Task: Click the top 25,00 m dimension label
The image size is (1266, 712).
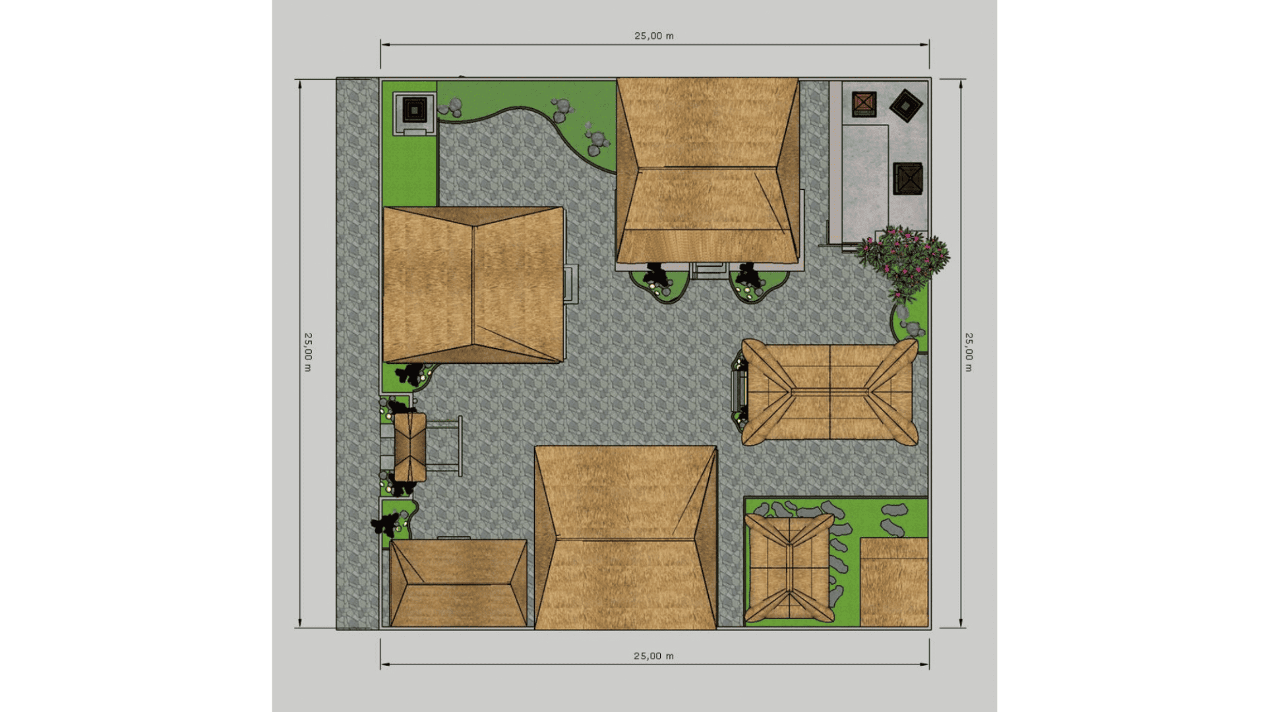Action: (x=654, y=36)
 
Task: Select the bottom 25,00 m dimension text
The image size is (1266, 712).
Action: (x=653, y=656)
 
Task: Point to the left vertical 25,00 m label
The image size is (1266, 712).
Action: (x=308, y=352)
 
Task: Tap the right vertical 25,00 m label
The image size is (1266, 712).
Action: (x=969, y=352)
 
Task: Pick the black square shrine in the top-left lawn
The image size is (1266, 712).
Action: (x=415, y=109)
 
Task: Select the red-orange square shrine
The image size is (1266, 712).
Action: (x=864, y=104)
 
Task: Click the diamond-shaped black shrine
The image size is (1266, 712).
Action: (x=906, y=105)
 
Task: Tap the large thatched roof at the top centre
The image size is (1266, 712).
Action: (x=708, y=170)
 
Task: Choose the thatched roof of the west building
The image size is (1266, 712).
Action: (x=473, y=285)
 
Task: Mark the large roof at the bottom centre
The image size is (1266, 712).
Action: (x=626, y=537)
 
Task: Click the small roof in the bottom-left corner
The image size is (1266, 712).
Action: (x=458, y=583)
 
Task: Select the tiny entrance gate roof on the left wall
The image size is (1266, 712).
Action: (x=410, y=447)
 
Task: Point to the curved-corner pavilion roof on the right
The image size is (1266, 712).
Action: (x=829, y=392)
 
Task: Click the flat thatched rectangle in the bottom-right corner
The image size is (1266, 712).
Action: (x=894, y=582)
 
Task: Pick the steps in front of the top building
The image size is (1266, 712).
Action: (x=709, y=270)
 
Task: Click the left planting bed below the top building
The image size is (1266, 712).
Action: (x=660, y=284)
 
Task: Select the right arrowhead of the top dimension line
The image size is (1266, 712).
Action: (x=925, y=45)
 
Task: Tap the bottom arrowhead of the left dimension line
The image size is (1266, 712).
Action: (x=300, y=622)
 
